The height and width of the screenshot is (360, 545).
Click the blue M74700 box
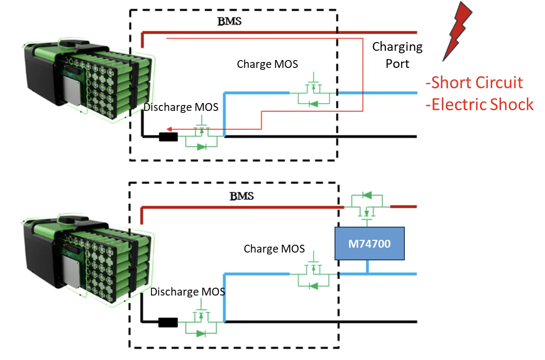click(370, 243)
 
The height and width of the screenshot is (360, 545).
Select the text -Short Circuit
click(475, 83)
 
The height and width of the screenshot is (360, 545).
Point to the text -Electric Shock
click(480, 105)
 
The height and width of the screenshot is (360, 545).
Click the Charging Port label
click(398, 55)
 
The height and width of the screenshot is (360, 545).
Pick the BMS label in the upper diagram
click(230, 21)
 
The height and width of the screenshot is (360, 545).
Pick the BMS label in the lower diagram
click(242, 196)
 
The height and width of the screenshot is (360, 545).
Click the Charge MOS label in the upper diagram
click(267, 64)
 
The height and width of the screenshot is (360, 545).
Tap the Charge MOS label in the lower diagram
click(274, 249)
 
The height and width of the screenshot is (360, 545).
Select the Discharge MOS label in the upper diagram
click(181, 107)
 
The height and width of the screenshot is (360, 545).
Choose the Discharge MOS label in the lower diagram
click(188, 292)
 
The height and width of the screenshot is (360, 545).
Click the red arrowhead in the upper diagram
click(169, 129)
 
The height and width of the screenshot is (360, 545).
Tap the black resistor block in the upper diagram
click(168, 137)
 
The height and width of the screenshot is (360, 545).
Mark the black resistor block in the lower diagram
click(168, 322)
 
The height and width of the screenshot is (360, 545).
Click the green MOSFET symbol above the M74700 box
click(367, 206)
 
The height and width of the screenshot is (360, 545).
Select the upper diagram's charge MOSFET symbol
click(314, 91)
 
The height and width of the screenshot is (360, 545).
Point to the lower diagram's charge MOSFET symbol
click(314, 273)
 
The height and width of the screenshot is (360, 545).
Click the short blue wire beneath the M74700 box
click(367, 266)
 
